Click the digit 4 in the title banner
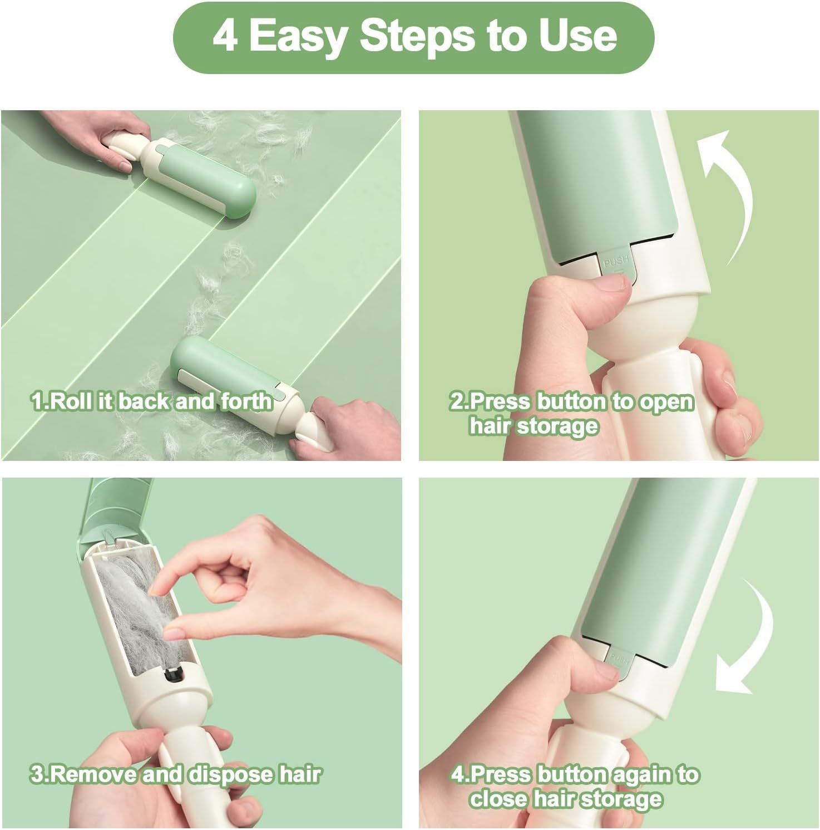[225, 37]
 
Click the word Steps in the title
[417, 37]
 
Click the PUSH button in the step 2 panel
[616, 263]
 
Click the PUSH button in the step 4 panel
[619, 660]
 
